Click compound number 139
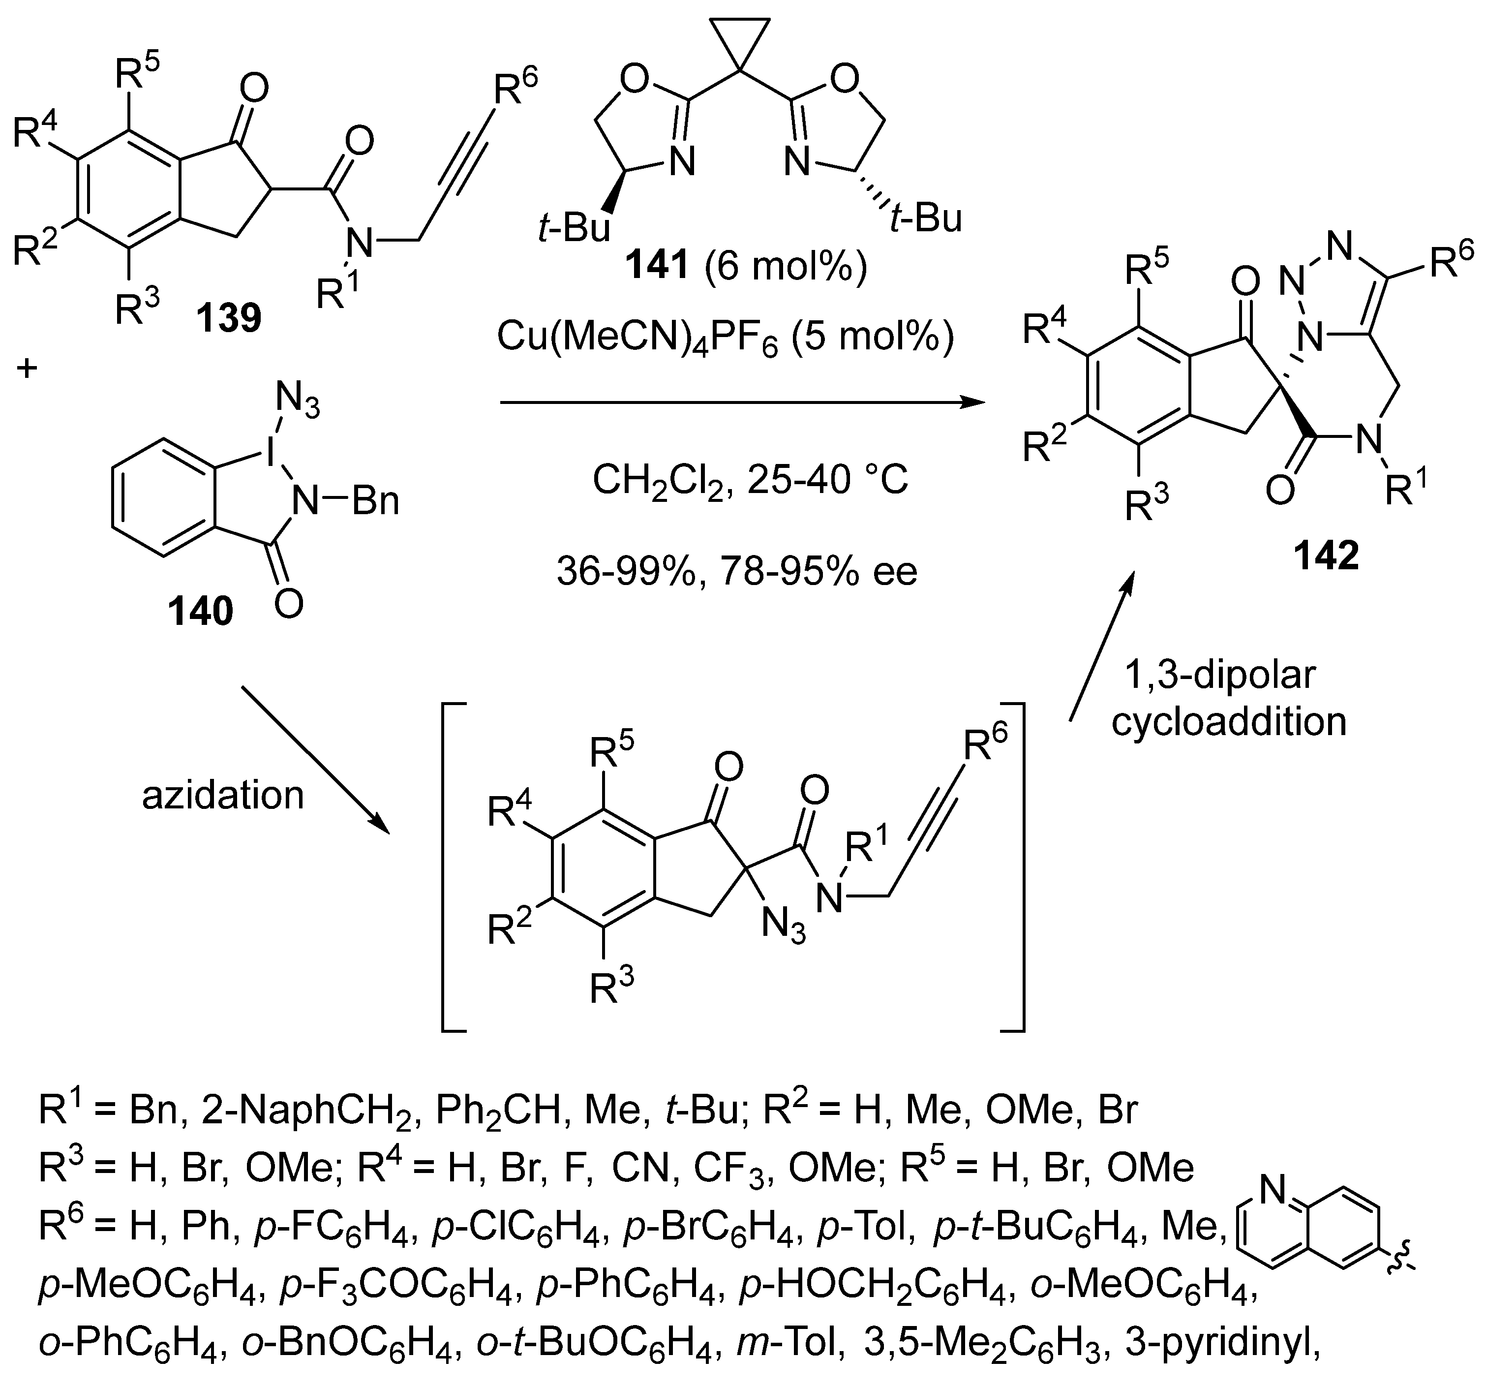(229, 318)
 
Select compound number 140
(200, 611)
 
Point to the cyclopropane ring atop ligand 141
(740, 41)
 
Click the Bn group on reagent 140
(376, 502)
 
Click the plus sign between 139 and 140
(27, 368)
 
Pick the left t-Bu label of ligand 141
(574, 227)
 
